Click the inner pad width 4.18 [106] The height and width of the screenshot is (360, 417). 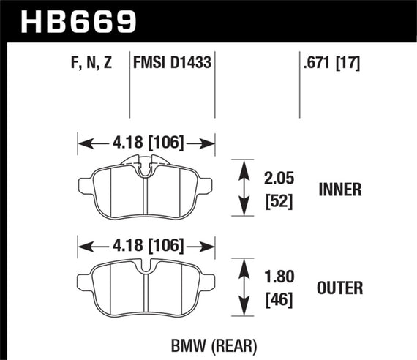point(147,141)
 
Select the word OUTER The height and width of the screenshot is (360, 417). point(341,288)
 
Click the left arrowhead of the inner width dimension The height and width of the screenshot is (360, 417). point(82,141)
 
